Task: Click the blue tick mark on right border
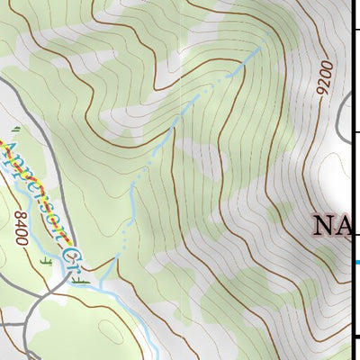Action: click(356, 262)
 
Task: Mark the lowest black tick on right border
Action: click(356, 337)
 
